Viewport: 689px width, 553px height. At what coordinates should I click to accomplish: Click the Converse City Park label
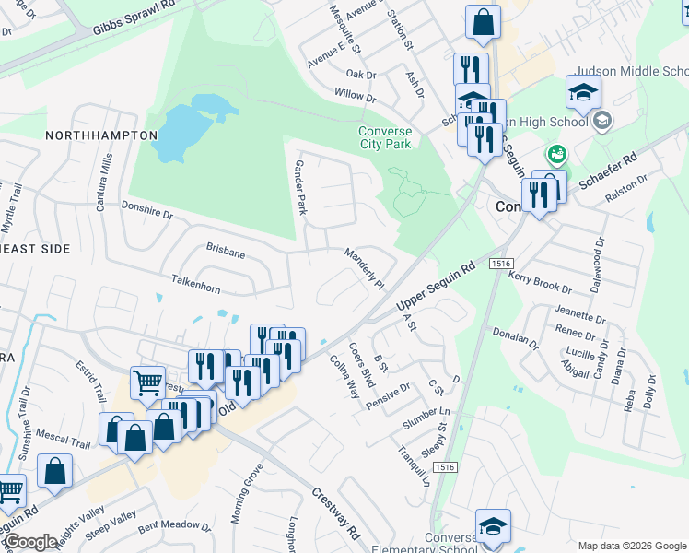(385, 137)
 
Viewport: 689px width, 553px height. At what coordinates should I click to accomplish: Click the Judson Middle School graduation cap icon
(583, 92)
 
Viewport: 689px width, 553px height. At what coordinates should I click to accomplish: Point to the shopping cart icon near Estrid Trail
(146, 382)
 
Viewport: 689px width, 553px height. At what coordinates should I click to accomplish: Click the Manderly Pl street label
(364, 267)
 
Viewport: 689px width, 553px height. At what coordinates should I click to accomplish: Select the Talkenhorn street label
(195, 283)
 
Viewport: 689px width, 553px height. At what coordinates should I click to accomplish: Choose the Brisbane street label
(226, 251)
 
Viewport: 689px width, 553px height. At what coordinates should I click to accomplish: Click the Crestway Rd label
(335, 513)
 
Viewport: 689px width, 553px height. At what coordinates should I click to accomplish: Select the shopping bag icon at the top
(483, 21)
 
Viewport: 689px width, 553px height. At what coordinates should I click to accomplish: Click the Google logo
(30, 542)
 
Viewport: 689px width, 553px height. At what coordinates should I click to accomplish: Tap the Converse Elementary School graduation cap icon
(493, 526)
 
